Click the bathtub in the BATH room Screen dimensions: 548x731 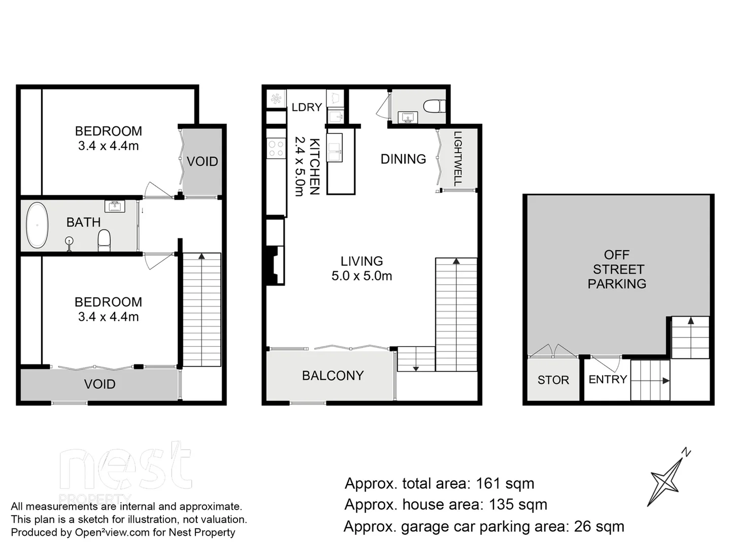pos(37,225)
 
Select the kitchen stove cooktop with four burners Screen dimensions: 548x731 pos(276,149)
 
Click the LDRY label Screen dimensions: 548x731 pos(307,107)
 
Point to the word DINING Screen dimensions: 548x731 pos(403,159)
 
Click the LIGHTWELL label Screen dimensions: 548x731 pos(457,158)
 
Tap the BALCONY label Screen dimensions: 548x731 pos(333,375)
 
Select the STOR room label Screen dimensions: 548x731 pos(553,380)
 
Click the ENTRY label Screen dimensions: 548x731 pos(607,380)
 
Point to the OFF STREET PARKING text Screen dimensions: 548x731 pos(617,269)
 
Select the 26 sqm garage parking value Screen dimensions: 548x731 pos(599,527)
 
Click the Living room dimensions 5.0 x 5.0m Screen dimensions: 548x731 pos(361,276)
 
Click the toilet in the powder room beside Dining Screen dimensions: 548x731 pos(434,106)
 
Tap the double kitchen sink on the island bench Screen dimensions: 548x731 pos(335,148)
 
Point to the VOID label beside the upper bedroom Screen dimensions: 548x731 pos(202,162)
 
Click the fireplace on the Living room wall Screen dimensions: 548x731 pos(275,264)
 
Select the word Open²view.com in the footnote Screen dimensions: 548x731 pos(112,532)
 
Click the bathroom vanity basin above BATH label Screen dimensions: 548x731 pos(114,205)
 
